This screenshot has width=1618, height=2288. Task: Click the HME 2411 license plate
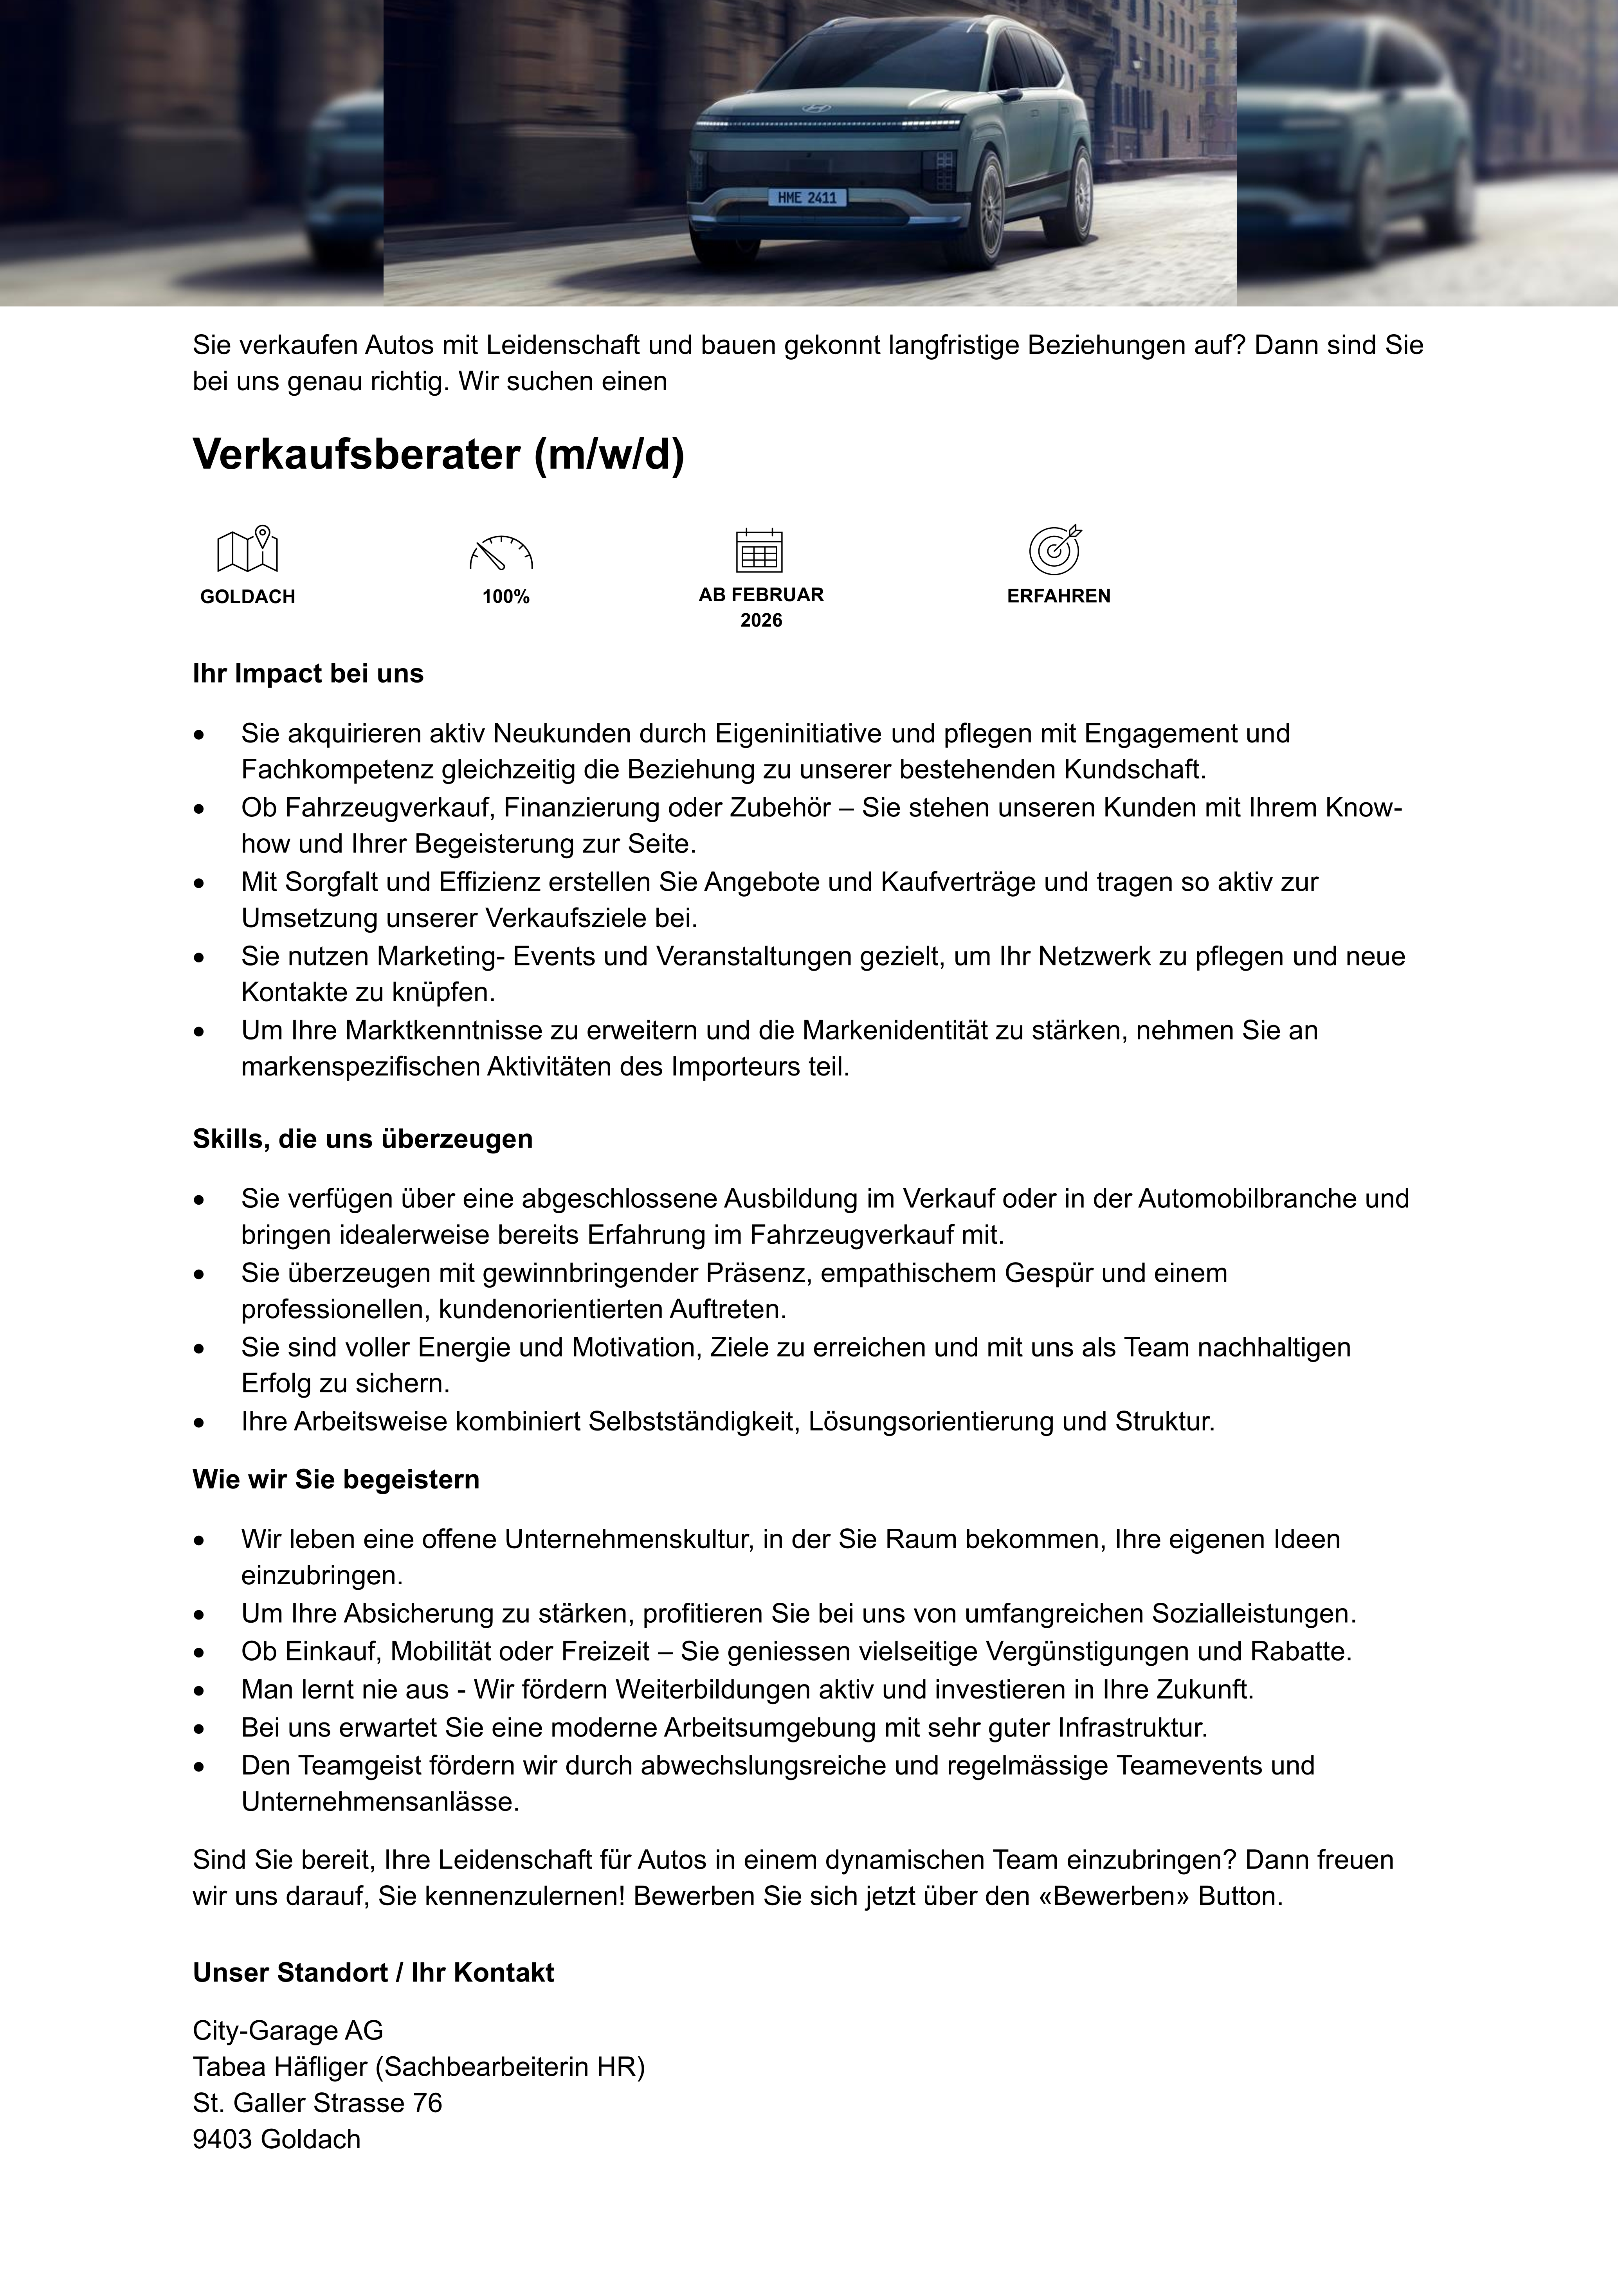click(x=807, y=197)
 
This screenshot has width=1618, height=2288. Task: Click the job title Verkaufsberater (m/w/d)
click(x=438, y=454)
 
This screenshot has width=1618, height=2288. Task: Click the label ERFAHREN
click(x=1058, y=596)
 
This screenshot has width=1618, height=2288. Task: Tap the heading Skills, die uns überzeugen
click(x=363, y=1139)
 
